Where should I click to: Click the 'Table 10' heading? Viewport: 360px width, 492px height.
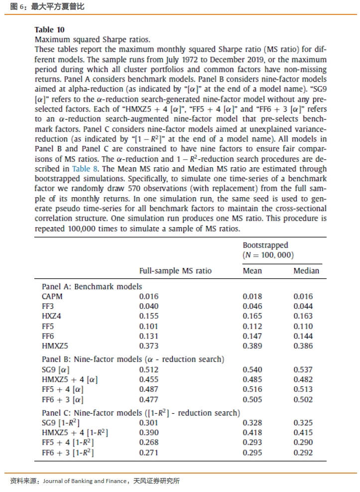pyautogui.click(x=49, y=30)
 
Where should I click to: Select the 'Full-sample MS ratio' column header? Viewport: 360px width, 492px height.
pyautogui.click(x=175, y=271)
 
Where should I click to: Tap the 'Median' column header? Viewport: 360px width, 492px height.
pyautogui.click(x=306, y=271)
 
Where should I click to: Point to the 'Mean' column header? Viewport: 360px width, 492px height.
pyautogui.click(x=252, y=271)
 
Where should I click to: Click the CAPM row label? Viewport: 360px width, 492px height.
pyautogui.click(x=52, y=296)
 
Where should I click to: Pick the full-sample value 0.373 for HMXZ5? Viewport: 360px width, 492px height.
pyautogui.click(x=148, y=346)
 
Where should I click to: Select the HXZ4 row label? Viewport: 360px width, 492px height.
pyautogui.click(x=51, y=316)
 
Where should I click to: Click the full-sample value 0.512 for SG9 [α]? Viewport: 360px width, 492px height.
pyautogui.click(x=148, y=369)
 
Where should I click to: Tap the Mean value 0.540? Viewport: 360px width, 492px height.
pyautogui.click(x=252, y=369)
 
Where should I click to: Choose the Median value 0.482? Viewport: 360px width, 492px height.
pyautogui.click(x=303, y=379)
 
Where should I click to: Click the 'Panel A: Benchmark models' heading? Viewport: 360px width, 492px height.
pyautogui.click(x=92, y=286)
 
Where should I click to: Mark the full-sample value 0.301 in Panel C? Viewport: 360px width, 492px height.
pyautogui.click(x=148, y=423)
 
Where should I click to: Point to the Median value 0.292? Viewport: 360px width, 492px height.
pyautogui.click(x=303, y=453)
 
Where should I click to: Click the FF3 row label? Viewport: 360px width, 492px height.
pyautogui.click(x=48, y=306)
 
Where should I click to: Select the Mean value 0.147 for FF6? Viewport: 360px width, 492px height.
pyautogui.click(x=252, y=336)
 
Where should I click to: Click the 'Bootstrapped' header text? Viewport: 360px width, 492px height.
pyautogui.click(x=265, y=245)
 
